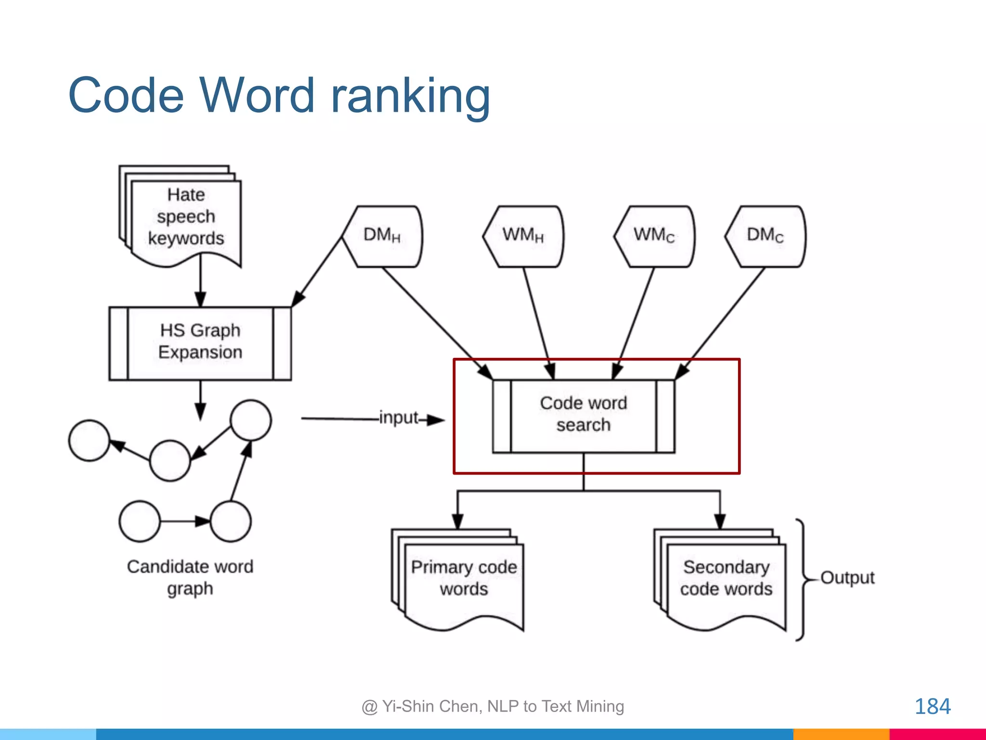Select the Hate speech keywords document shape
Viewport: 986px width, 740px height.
click(186, 217)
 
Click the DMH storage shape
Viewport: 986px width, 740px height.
click(382, 236)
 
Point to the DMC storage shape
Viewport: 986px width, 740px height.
click(765, 236)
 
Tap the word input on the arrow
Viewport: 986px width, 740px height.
click(399, 418)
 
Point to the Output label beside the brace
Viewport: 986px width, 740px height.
click(847, 577)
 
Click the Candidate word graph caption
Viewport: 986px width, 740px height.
click(190, 577)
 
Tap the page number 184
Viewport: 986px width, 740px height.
click(932, 707)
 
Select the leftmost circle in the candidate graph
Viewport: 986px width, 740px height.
click(89, 440)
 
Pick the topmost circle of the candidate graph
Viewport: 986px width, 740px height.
click(250, 420)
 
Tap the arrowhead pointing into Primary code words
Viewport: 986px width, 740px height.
click(457, 522)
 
